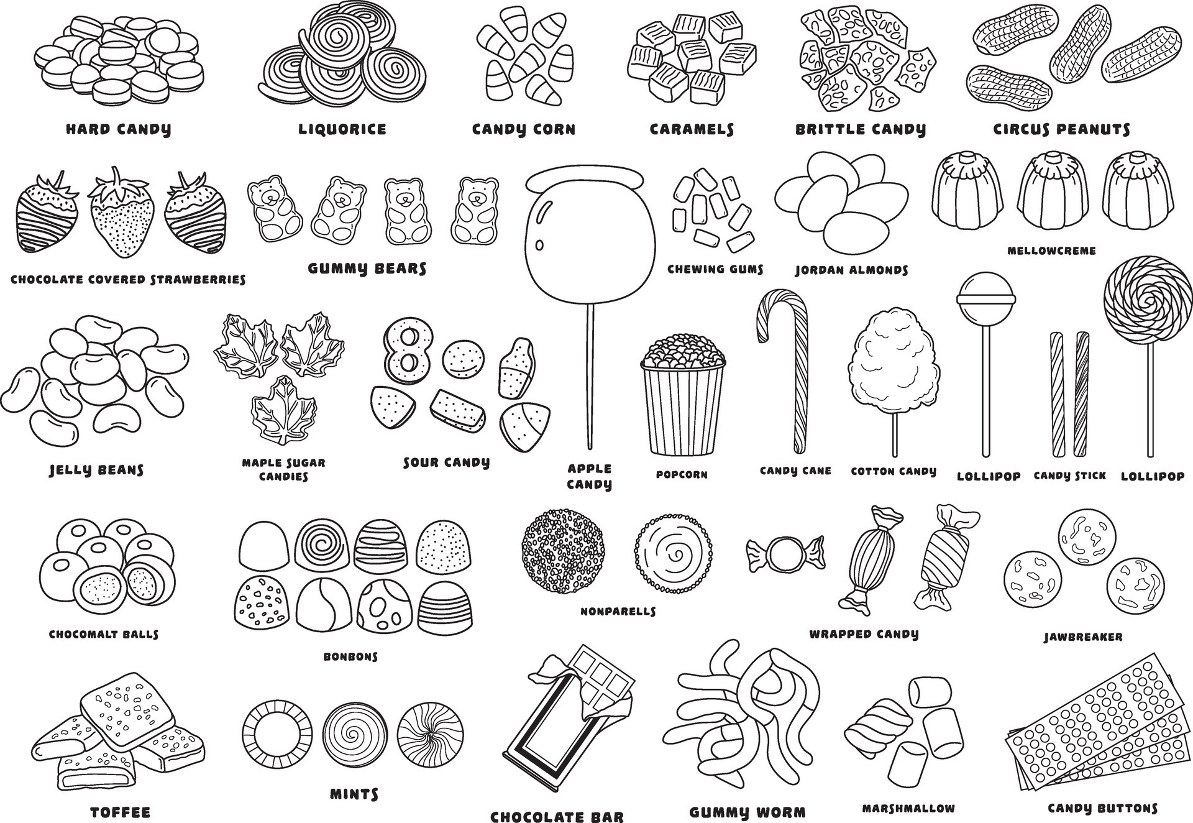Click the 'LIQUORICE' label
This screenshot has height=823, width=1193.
(342, 129)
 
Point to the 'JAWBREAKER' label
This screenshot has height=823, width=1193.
(1083, 637)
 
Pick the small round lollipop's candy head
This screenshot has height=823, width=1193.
(985, 296)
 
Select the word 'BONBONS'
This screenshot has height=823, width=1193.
(350, 656)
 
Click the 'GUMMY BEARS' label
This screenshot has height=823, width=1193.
(367, 269)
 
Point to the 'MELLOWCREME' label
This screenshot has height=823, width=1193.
(1051, 251)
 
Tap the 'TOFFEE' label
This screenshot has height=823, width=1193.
(121, 812)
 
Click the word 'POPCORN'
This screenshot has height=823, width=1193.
(682, 474)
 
